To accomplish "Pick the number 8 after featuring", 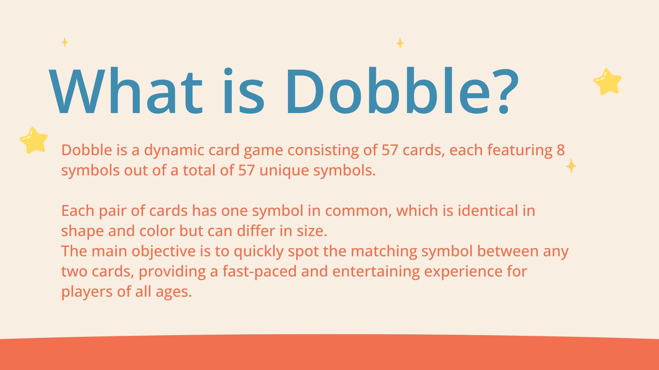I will pos(560,150).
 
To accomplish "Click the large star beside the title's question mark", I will pos(608,82).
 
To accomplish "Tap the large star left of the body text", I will pos(34,140).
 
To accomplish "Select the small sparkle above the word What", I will pos(65,42).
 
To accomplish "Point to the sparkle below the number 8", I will pos(571,166).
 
